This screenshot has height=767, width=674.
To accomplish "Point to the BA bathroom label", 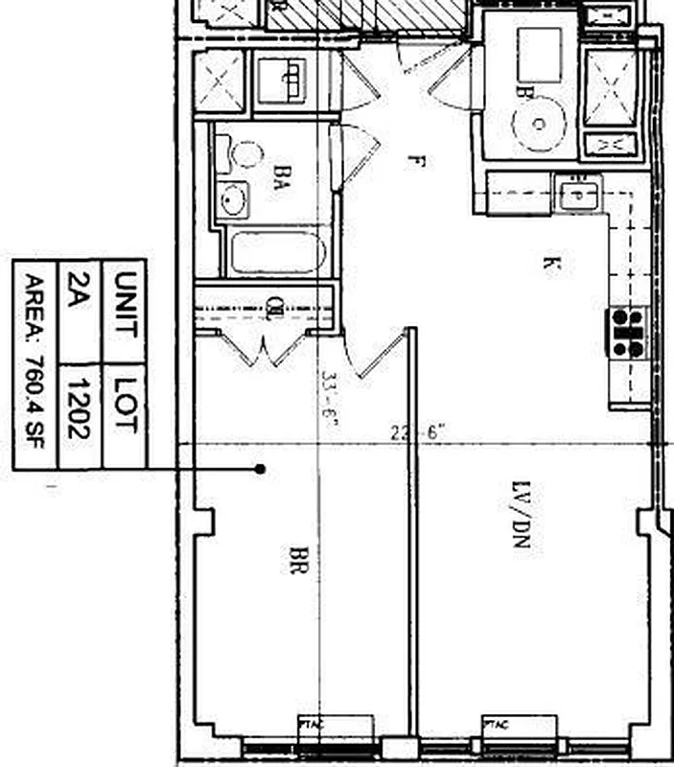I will [281, 177].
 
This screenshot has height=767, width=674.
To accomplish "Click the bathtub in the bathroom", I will [279, 253].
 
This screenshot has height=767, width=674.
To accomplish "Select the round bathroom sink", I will [233, 198].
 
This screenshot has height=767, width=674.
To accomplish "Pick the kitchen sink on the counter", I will [577, 195].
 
